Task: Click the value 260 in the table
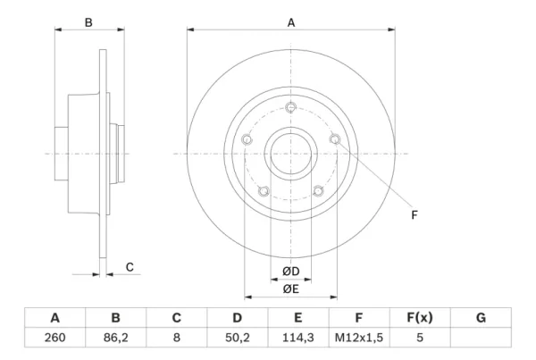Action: click(54, 338)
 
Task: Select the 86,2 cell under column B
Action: click(115, 338)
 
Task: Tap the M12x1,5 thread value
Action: click(358, 338)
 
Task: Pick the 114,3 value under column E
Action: click(297, 338)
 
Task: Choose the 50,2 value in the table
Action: click(238, 338)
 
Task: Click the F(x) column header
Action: click(420, 318)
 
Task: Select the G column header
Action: click(481, 318)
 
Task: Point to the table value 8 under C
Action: click(176, 338)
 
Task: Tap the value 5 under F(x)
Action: click(420, 338)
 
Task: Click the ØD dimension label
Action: click(291, 272)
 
